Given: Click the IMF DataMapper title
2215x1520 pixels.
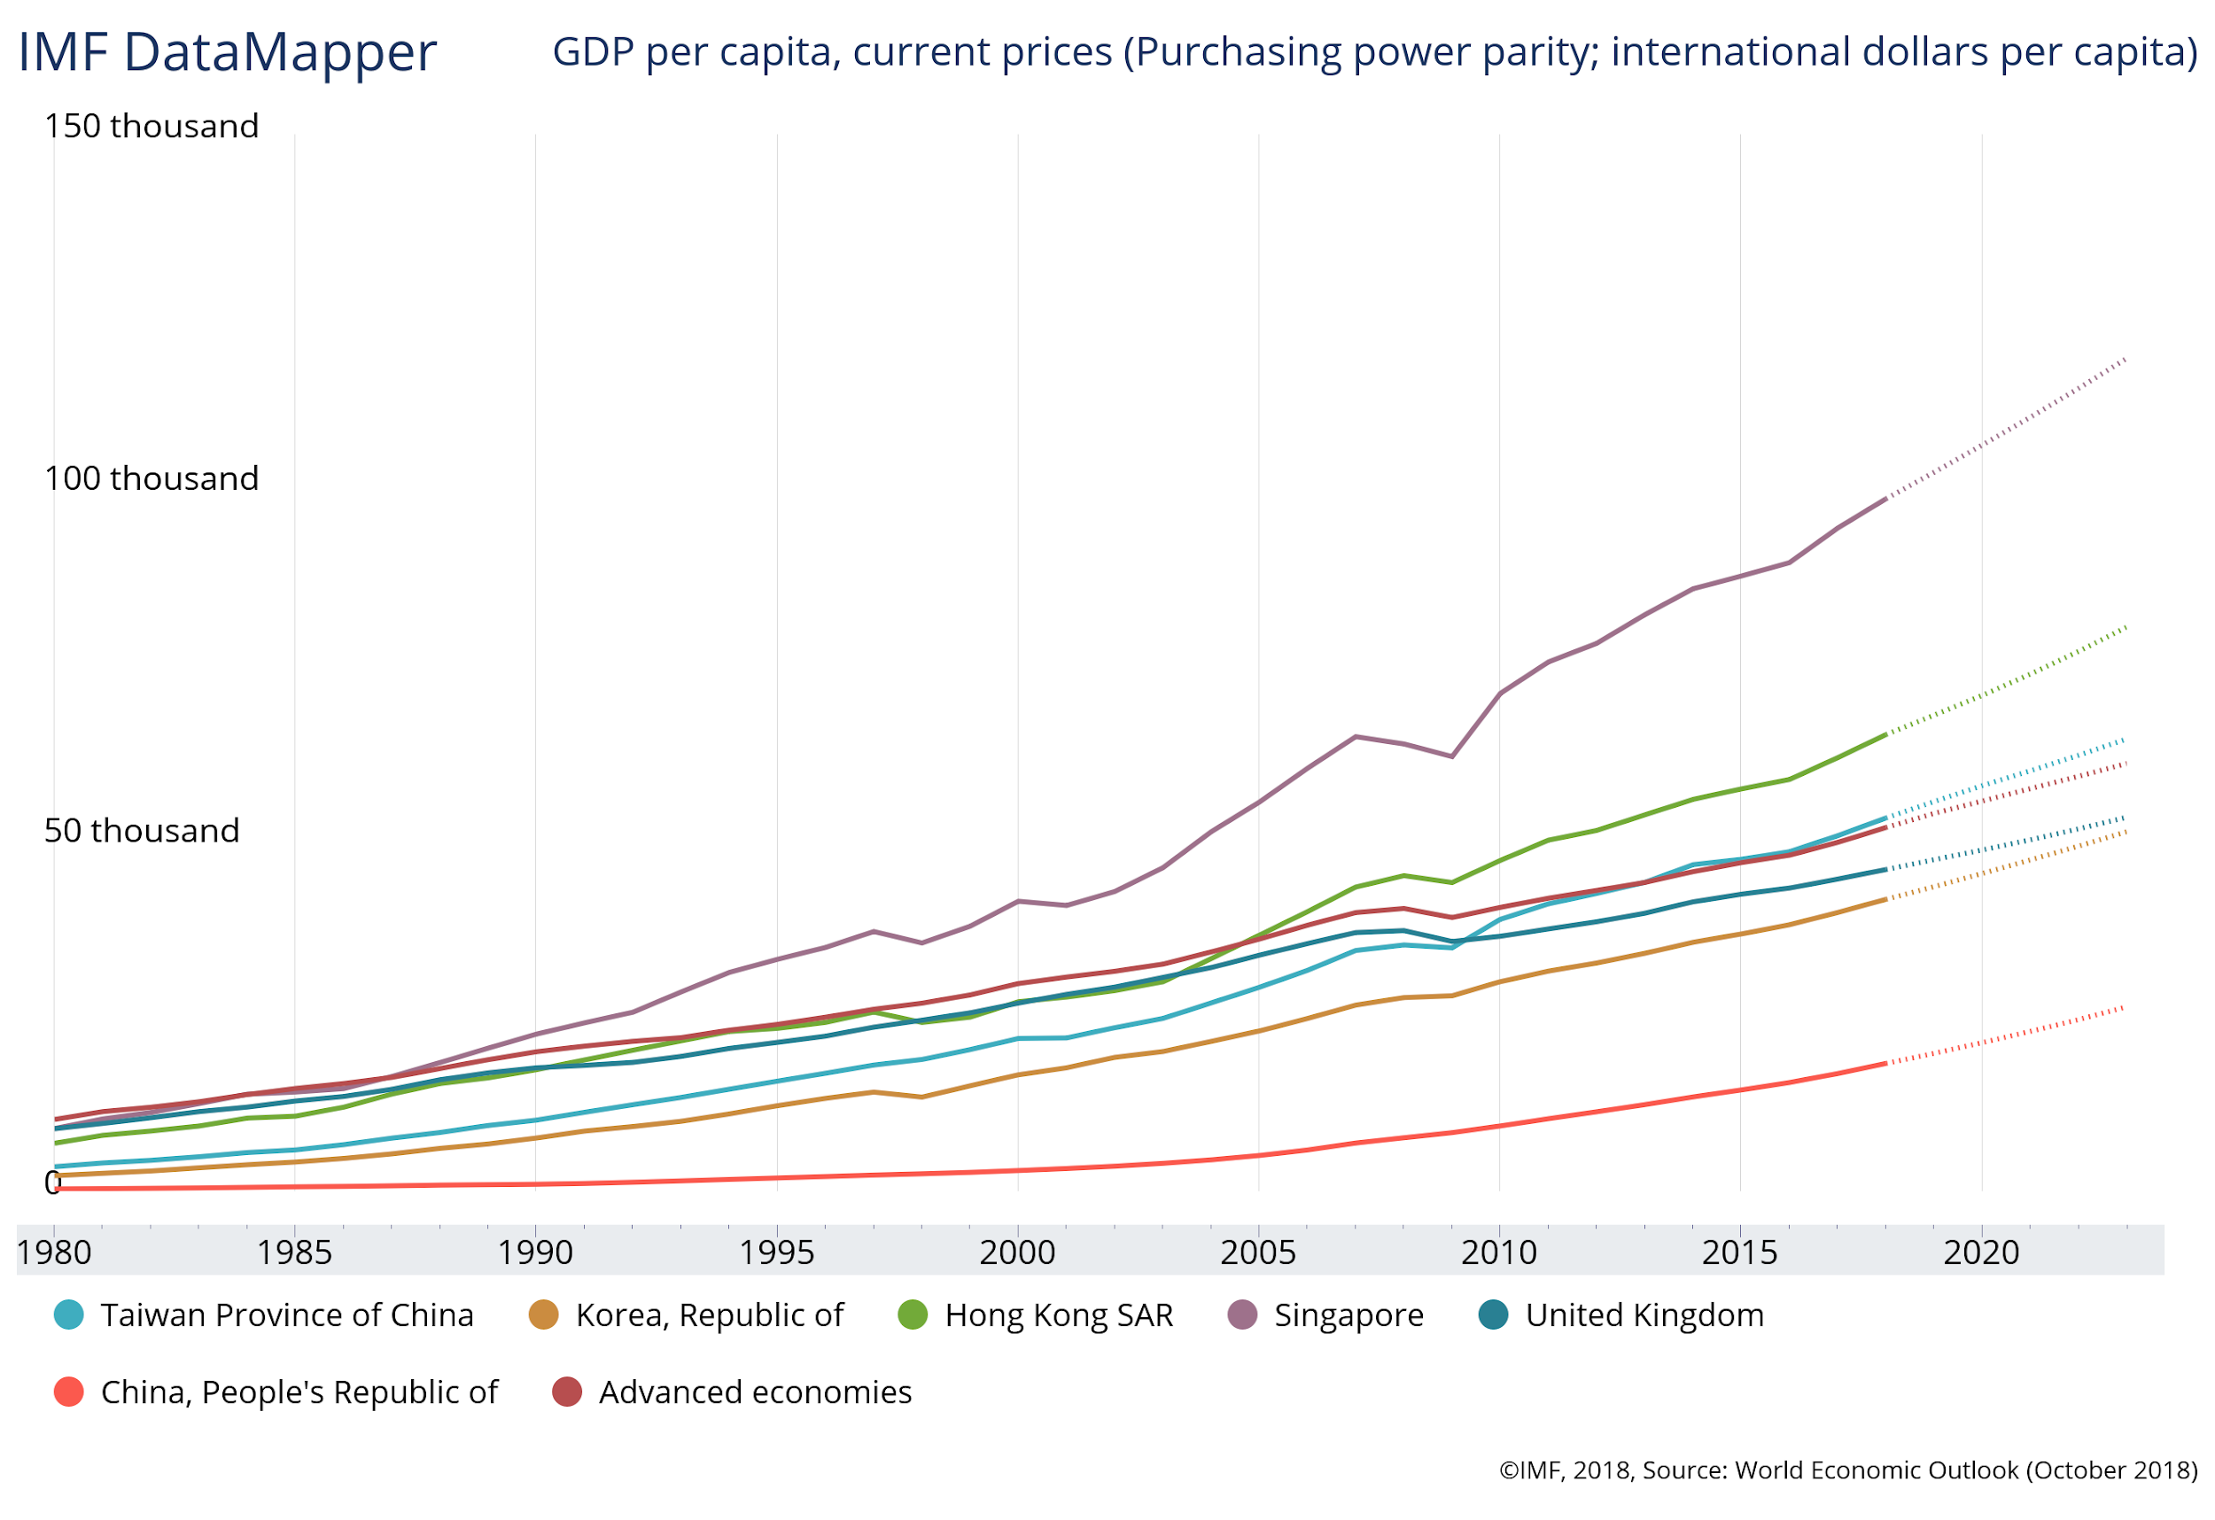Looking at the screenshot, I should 227,52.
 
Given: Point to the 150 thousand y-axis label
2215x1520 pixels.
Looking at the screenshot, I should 152,126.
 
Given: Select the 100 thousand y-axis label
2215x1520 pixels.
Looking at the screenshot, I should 152,478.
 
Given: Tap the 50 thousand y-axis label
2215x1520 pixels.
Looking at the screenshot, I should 142,831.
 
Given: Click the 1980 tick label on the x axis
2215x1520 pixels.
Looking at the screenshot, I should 54,1252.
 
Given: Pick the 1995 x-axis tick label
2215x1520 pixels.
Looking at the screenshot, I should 777,1252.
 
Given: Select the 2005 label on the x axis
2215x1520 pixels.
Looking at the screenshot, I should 1258,1252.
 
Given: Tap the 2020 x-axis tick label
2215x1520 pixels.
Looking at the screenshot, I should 1981,1252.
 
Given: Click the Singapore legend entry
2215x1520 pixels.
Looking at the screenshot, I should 1348,1315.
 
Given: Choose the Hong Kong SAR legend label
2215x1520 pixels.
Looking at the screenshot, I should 1058,1315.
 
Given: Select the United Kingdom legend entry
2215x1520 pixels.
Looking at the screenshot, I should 1644,1315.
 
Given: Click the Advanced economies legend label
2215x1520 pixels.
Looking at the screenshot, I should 755,1392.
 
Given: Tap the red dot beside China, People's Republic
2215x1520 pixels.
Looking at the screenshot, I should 68,1392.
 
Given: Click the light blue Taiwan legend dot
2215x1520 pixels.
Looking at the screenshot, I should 68,1315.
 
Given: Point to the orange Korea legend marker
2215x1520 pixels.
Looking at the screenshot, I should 543,1315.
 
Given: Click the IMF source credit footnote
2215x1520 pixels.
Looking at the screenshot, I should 1848,1470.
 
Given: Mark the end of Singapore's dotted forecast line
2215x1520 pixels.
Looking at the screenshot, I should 2126,360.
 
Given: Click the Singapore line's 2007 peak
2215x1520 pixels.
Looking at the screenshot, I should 1356,737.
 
